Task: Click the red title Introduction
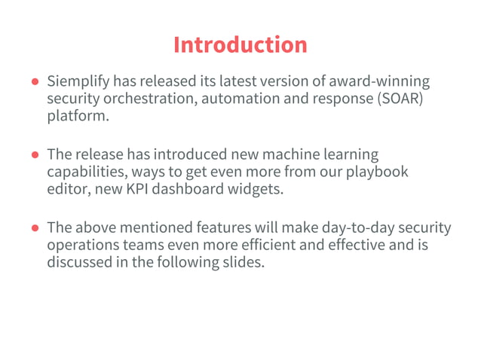(240, 44)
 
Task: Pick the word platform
(77, 117)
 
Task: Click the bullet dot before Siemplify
(35, 81)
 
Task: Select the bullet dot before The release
(35, 154)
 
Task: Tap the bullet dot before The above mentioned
(35, 227)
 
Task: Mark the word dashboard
(186, 190)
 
